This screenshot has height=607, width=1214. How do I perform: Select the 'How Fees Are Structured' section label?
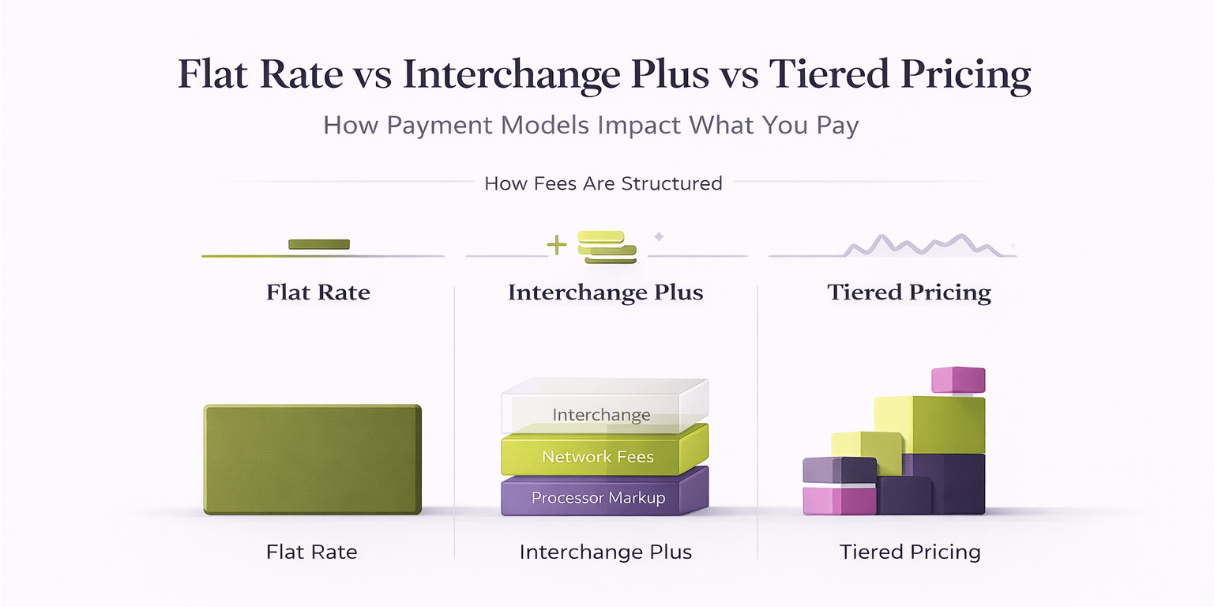(603, 183)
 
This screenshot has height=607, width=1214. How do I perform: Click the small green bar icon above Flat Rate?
(318, 244)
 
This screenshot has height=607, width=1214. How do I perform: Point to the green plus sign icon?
(557, 246)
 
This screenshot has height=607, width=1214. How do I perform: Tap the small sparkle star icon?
(659, 236)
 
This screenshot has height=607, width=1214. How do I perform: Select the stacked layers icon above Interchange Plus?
(606, 247)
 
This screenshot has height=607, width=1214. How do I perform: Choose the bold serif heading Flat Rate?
(318, 292)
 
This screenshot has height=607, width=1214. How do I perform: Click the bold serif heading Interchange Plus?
(605, 292)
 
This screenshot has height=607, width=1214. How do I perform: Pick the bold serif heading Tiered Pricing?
(909, 292)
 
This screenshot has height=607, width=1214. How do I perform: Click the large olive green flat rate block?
(312, 459)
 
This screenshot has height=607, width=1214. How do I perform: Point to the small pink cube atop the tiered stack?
(957, 380)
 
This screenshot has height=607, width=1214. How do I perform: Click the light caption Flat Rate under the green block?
(311, 551)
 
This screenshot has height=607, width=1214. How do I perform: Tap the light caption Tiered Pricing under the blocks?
(909, 551)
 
